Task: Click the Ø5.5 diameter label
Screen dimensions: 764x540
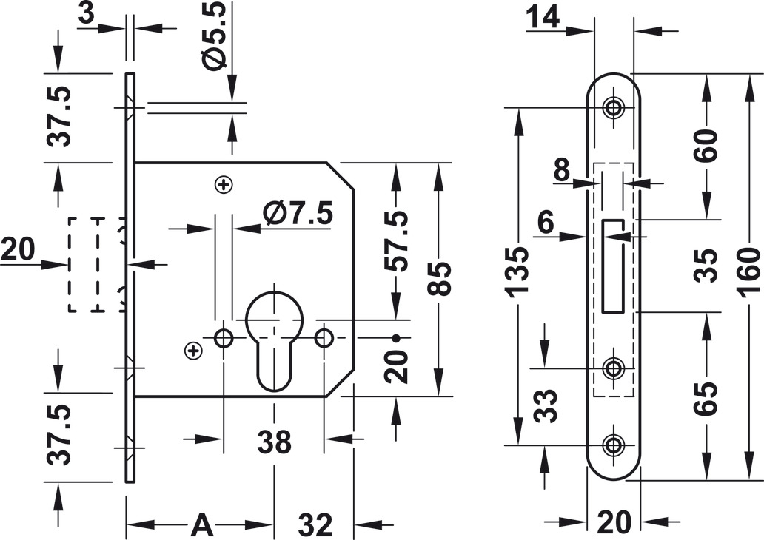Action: coord(214,36)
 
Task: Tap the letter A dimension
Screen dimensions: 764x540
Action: coord(201,524)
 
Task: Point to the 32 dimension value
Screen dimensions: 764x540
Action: coord(315,524)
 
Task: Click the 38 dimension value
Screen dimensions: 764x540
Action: coord(275,442)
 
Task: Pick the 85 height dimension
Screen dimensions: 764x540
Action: coord(439,279)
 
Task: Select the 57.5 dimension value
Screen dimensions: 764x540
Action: coord(395,241)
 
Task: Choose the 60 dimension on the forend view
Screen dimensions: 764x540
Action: coord(706,145)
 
